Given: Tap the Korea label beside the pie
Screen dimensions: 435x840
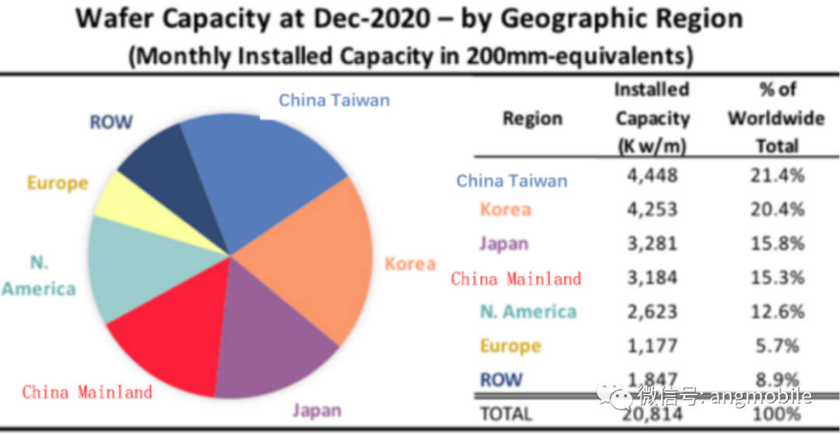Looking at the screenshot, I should click(x=410, y=264).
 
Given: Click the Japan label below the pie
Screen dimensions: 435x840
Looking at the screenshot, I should click(x=317, y=410).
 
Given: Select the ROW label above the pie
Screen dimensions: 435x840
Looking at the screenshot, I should click(x=111, y=122).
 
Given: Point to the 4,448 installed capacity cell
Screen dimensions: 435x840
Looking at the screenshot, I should click(x=652, y=175).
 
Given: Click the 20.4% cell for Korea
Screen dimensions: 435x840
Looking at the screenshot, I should click(x=778, y=209).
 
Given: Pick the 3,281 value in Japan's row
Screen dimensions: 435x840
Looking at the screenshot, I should click(x=652, y=244).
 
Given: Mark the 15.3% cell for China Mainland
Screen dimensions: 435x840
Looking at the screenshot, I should click(x=778, y=278).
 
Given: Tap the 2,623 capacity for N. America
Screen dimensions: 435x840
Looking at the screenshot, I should click(x=652, y=311).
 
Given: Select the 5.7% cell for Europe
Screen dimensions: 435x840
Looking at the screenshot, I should click(x=778, y=346).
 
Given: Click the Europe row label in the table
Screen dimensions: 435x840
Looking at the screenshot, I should click(x=510, y=346).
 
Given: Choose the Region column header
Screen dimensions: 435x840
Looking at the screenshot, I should click(x=532, y=119).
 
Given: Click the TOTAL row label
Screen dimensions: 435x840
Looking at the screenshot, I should click(x=506, y=414).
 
